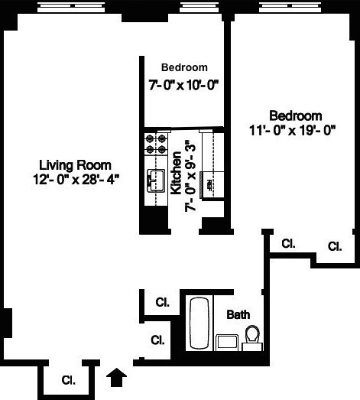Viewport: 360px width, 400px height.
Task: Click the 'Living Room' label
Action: click(75, 164)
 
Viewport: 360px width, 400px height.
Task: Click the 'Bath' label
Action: click(238, 314)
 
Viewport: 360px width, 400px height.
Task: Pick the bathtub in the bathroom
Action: click(199, 324)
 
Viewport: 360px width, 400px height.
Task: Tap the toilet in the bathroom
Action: click(252, 337)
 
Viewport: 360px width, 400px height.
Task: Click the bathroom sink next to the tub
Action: click(226, 343)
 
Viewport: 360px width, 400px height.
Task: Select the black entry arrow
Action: click(118, 376)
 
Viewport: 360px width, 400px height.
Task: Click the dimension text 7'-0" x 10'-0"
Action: click(184, 84)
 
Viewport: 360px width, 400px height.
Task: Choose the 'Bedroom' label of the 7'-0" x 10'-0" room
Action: click(184, 67)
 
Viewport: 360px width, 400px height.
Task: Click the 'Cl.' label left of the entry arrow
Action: click(68, 379)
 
